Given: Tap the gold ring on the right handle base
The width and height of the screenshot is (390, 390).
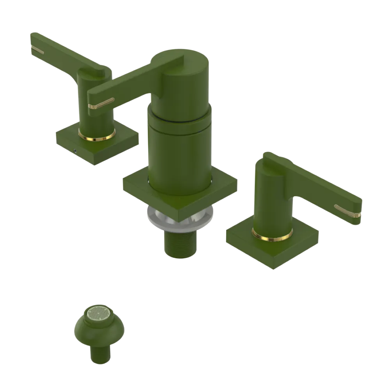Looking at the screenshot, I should coord(272,235).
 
